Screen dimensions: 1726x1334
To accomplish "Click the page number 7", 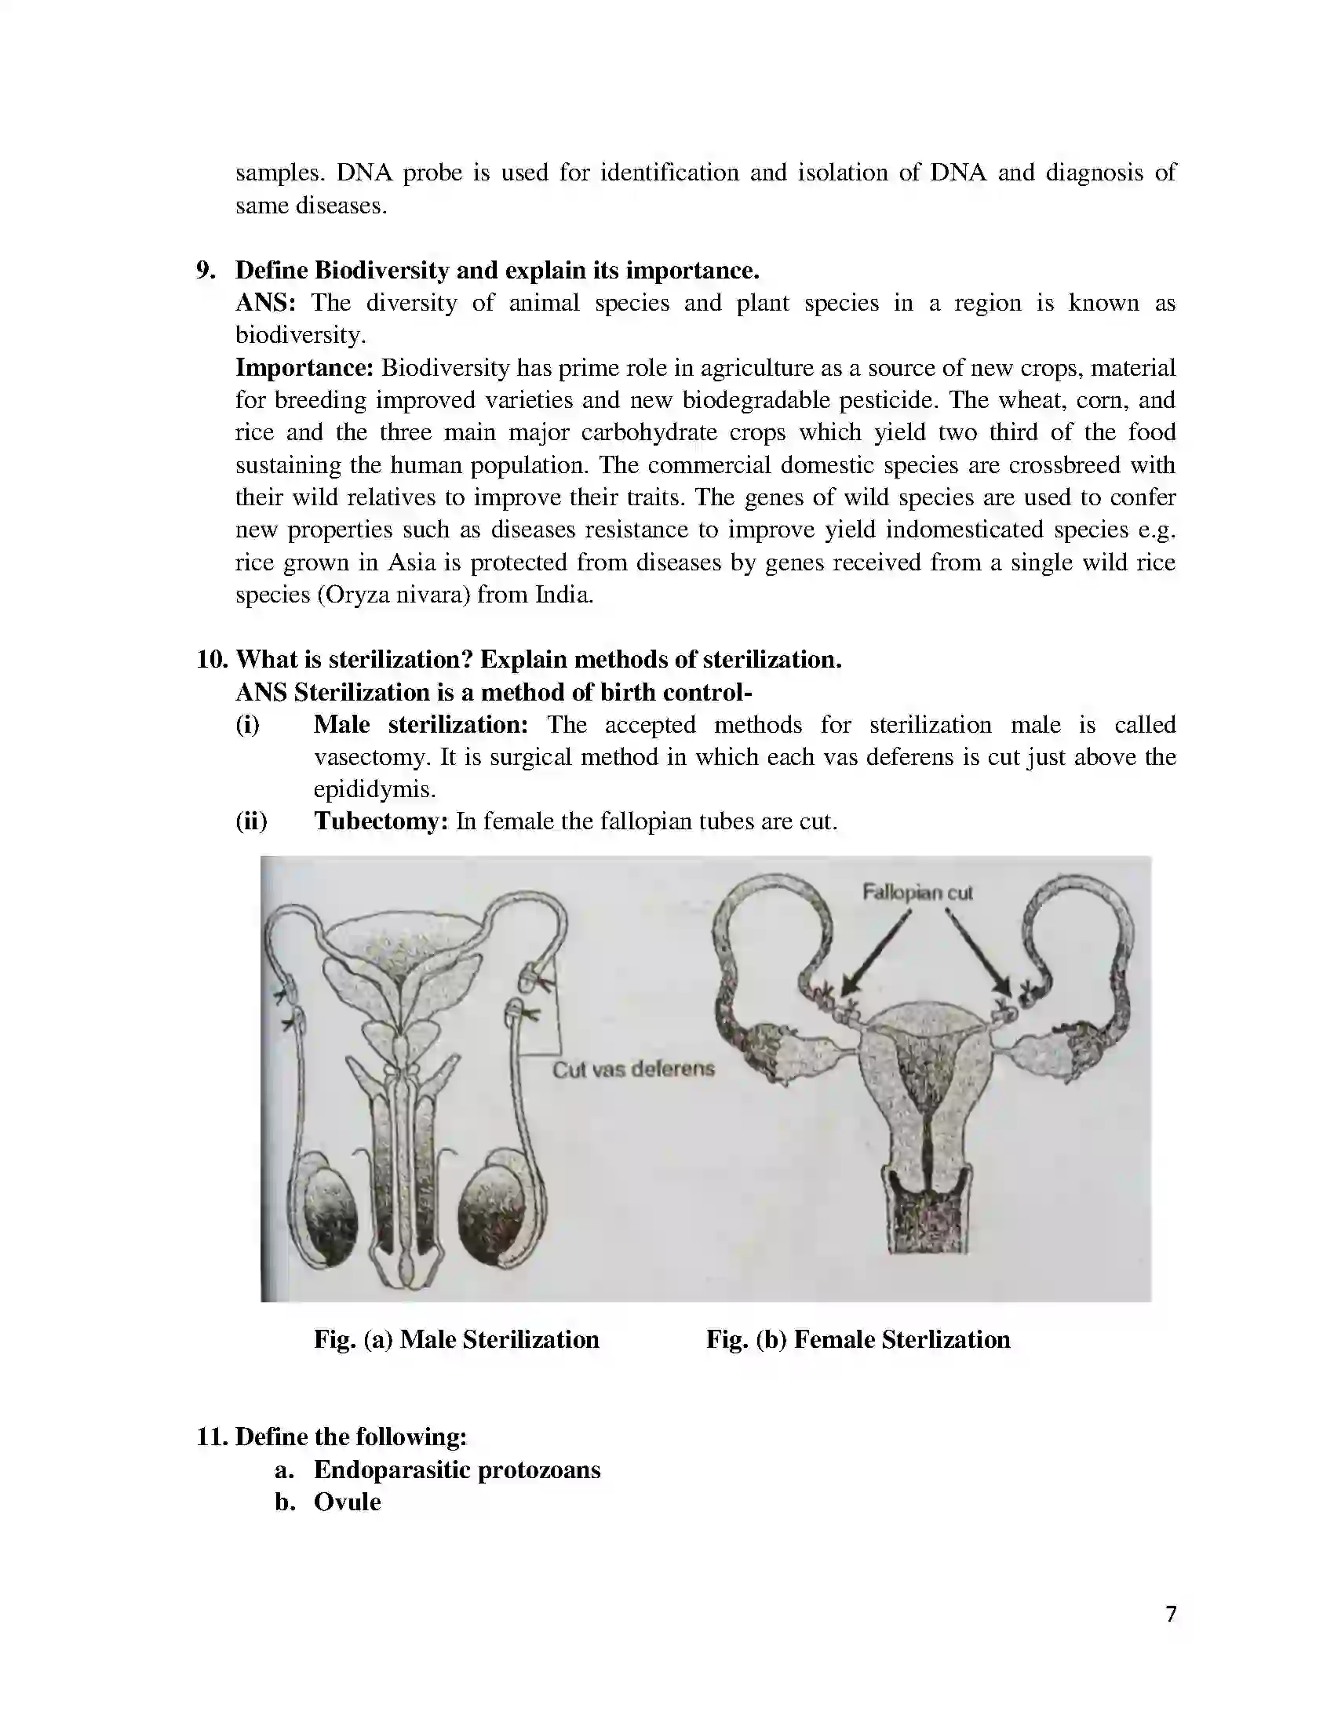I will tap(1171, 1614).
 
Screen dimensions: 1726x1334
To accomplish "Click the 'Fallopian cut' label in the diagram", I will tap(917, 893).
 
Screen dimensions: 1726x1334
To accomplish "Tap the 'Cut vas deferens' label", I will tap(633, 1069).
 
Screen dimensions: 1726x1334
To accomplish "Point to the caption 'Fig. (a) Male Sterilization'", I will tap(456, 1339).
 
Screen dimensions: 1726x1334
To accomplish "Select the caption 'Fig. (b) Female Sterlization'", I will tap(858, 1339).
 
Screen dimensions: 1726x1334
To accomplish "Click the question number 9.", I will tap(206, 271).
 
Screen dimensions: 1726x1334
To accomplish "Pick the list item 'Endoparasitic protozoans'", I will tap(457, 1469).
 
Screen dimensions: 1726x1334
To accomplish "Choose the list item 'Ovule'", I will tap(347, 1502).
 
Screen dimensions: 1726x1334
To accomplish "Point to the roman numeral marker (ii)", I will tap(251, 821).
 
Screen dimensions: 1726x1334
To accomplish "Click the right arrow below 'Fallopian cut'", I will tap(979, 952).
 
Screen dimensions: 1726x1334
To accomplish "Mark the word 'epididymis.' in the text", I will tap(374, 789).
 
